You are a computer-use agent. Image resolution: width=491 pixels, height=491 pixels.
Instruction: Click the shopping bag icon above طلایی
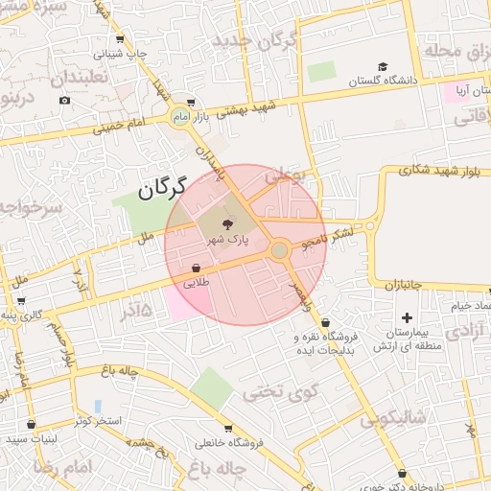[197, 268]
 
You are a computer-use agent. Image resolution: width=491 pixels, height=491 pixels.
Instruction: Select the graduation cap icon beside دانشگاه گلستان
[383, 67]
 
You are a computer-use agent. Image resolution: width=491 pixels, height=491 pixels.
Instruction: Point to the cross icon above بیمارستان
[407, 316]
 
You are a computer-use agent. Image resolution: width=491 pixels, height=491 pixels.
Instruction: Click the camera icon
[64, 100]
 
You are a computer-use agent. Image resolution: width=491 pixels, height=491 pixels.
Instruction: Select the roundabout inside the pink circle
[279, 250]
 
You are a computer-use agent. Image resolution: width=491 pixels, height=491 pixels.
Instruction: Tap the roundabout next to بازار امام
[179, 117]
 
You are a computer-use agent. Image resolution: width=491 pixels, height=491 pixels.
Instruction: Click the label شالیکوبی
[393, 419]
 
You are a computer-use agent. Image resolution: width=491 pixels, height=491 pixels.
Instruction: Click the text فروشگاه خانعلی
[227, 443]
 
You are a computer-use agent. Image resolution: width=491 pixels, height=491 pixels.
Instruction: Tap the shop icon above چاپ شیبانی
[120, 39]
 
